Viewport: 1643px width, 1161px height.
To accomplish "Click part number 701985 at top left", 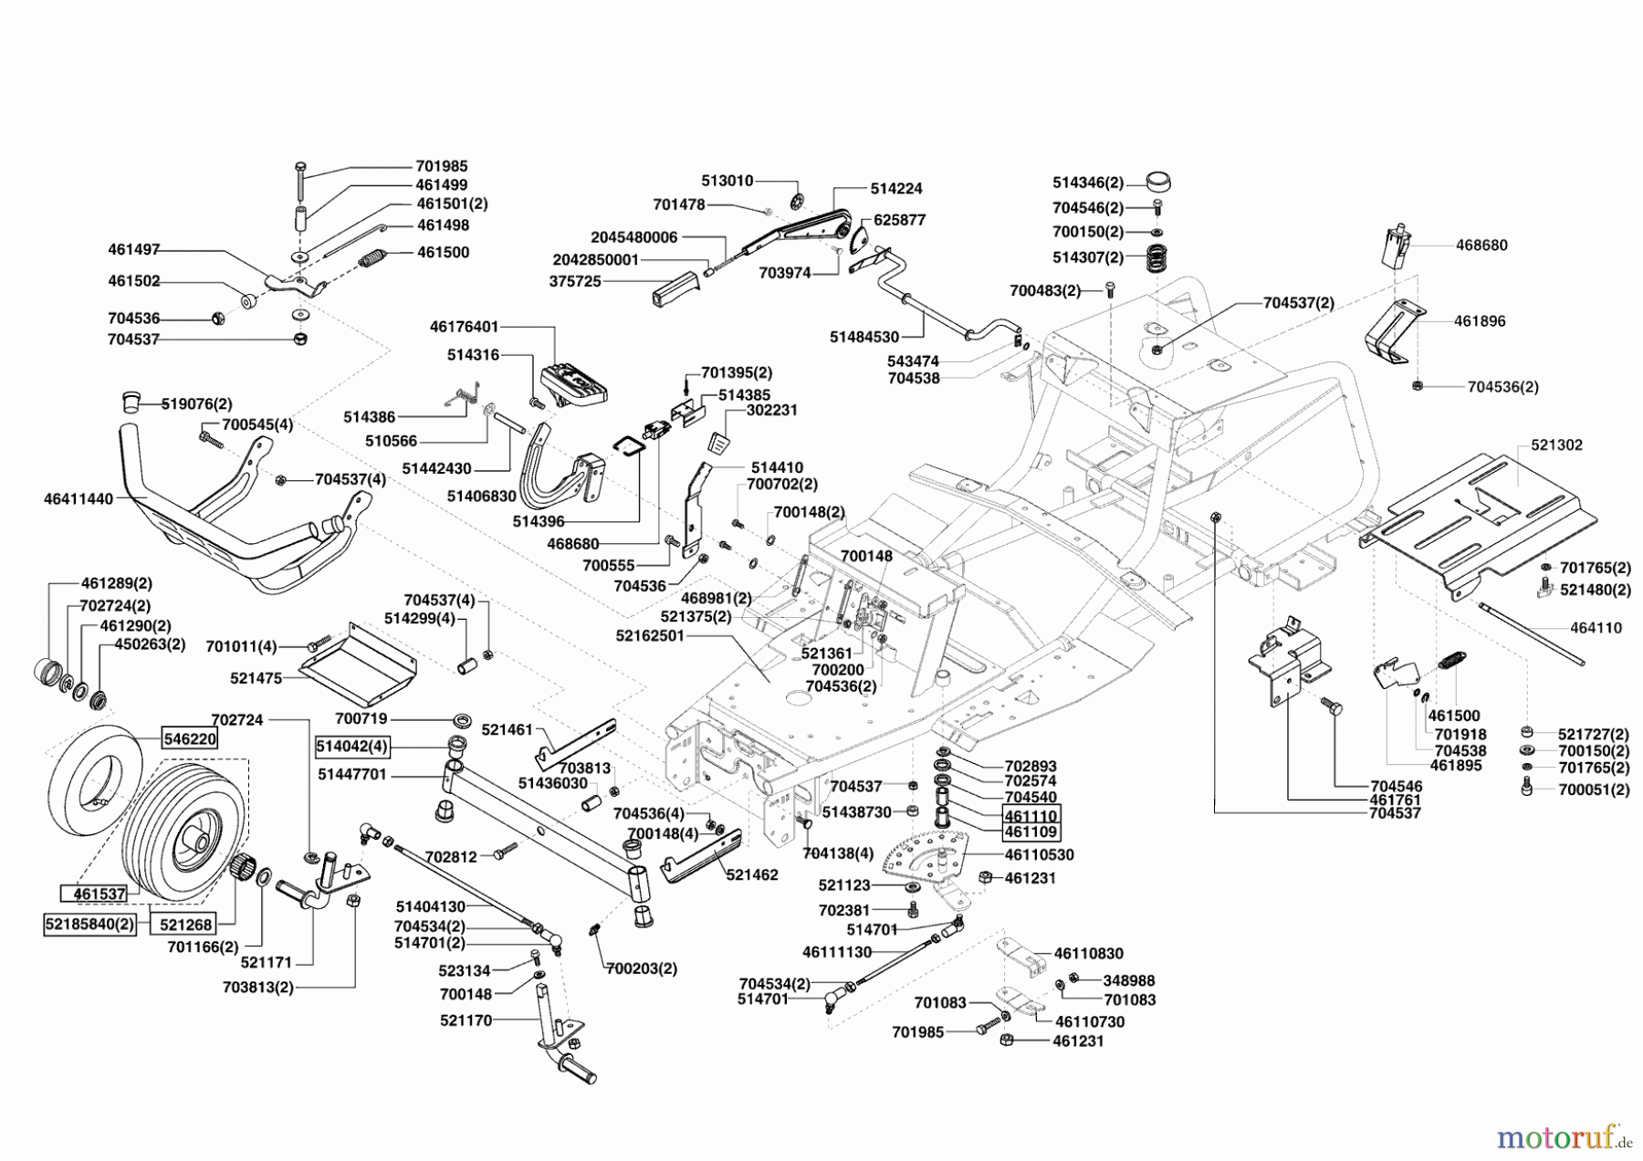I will (x=442, y=166).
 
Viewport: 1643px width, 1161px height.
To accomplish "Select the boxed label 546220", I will (x=190, y=737).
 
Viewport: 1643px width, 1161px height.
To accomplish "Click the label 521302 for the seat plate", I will (x=1556, y=445).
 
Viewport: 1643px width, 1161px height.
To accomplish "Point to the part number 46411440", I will (x=78, y=499).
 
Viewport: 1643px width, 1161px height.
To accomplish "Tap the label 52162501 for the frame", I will (x=650, y=635).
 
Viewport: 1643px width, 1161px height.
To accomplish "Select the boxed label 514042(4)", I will (x=352, y=747).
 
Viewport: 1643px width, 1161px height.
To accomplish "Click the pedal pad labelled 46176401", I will (x=574, y=384).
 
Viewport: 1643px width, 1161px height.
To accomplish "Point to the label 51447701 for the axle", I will (x=352, y=774).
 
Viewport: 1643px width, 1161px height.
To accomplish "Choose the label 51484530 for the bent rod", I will (x=863, y=338).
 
